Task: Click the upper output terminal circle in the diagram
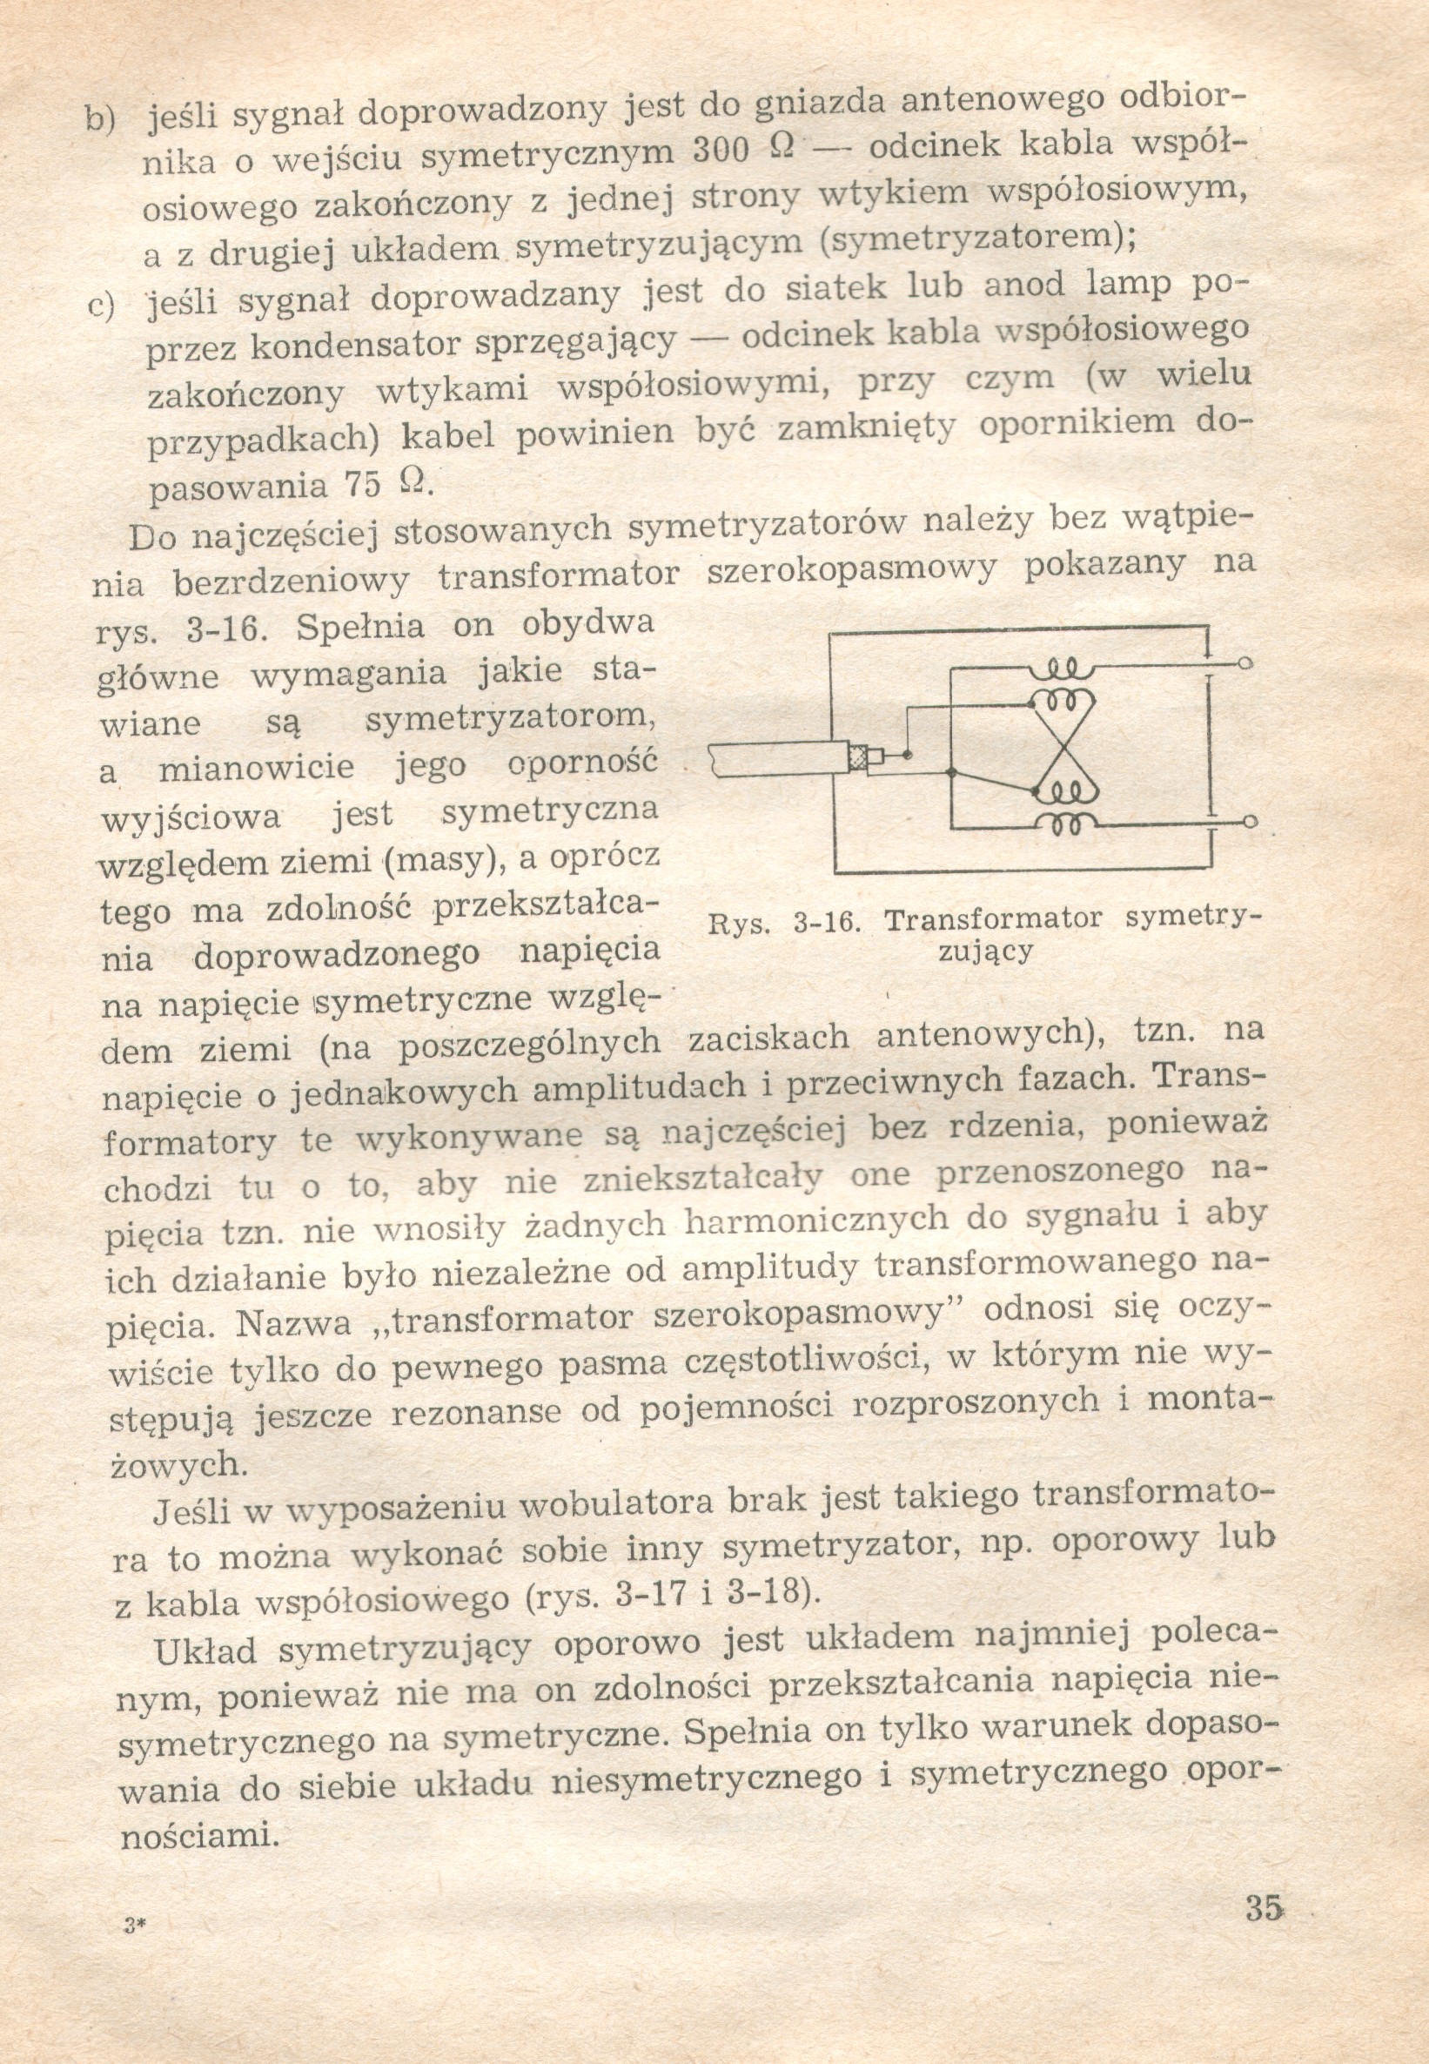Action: (1244, 664)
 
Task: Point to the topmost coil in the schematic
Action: (1062, 668)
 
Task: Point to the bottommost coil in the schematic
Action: (1063, 823)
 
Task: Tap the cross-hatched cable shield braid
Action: (857, 759)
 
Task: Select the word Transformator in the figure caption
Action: (992, 919)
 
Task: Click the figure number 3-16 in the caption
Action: (827, 922)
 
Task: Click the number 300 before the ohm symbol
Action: (721, 150)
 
